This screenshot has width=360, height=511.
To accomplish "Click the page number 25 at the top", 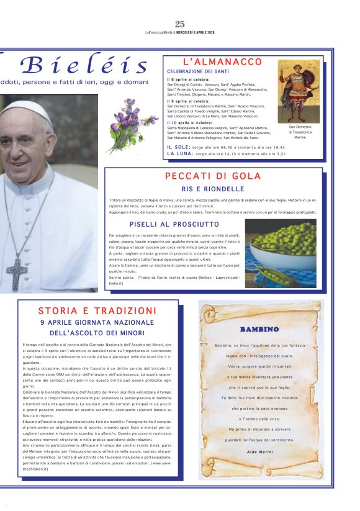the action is [x=180, y=24].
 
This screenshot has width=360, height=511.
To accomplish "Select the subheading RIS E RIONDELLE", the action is [x=213, y=189].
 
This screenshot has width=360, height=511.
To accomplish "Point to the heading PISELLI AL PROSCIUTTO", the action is [x=174, y=224].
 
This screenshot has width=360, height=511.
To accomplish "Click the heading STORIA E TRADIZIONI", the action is [x=97, y=310].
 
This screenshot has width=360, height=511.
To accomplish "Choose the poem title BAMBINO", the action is [x=259, y=329].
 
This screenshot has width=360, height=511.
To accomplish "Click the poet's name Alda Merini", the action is [x=259, y=451].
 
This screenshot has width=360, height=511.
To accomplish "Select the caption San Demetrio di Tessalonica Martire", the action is [x=300, y=132].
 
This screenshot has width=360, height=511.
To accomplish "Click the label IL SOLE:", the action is [x=178, y=147].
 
